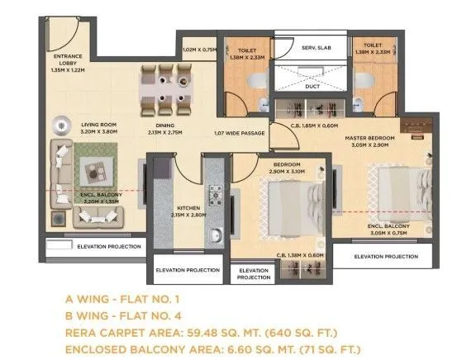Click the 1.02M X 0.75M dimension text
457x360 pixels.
tap(199, 49)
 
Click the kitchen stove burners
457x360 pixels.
tap(217, 195)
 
